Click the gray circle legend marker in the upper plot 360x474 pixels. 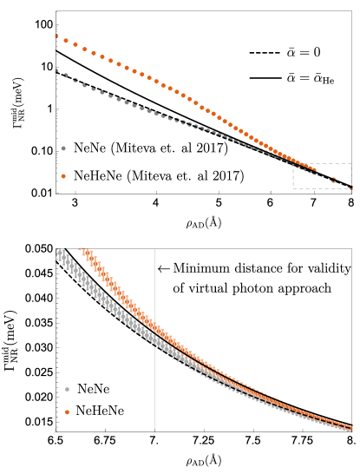pyautogui.click(x=63, y=148)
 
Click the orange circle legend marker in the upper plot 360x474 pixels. pyautogui.click(x=63, y=176)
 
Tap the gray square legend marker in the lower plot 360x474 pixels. pyautogui.click(x=67, y=389)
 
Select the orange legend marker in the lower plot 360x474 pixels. pyautogui.click(x=67, y=412)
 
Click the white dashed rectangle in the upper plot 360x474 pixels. pyautogui.click(x=322, y=175)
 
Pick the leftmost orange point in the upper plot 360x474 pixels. pyautogui.click(x=56, y=36)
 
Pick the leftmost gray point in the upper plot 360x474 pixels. pyautogui.click(x=56, y=70)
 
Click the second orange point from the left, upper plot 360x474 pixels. pyautogui.click(x=66, y=40)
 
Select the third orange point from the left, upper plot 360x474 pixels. pyautogui.click(x=75, y=44)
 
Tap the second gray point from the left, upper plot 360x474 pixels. pyautogui.click(x=66, y=76)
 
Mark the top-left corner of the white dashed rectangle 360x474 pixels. pyautogui.click(x=292, y=163)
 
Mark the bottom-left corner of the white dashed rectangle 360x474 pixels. pyautogui.click(x=292, y=188)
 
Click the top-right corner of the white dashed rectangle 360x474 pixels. pyautogui.click(x=352, y=163)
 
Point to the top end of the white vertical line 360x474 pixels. pyautogui.click(x=154, y=249)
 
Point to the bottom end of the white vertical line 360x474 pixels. pyautogui.click(x=154, y=431)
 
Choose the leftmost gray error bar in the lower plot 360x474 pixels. pyautogui.click(x=57, y=252)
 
